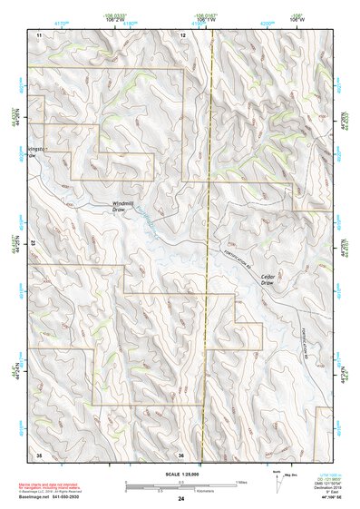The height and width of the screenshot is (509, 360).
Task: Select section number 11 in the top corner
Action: (x=39, y=34)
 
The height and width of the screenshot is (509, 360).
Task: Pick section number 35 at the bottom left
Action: (x=39, y=454)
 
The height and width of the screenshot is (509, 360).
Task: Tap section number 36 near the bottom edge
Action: (x=181, y=454)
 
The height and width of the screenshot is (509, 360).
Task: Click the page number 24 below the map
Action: (x=181, y=498)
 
